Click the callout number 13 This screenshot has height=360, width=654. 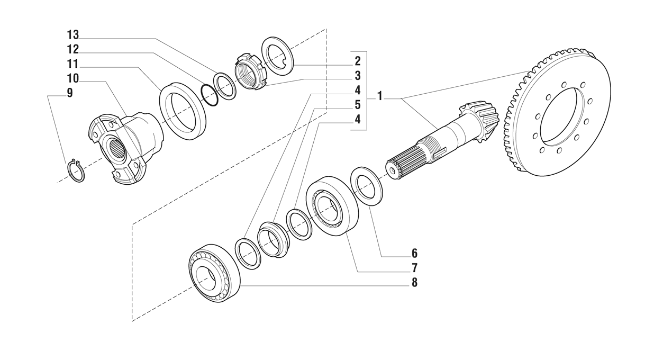(72, 35)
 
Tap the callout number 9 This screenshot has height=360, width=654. (69, 93)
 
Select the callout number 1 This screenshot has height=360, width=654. (380, 97)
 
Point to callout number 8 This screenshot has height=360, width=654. (414, 283)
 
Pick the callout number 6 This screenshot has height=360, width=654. (414, 253)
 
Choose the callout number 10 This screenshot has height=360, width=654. (72, 78)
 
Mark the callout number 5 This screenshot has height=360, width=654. (358, 104)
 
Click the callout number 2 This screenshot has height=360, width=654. (358, 60)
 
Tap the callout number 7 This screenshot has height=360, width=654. (414, 268)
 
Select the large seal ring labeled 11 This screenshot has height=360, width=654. (183, 111)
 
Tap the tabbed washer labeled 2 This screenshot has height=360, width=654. (278, 56)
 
